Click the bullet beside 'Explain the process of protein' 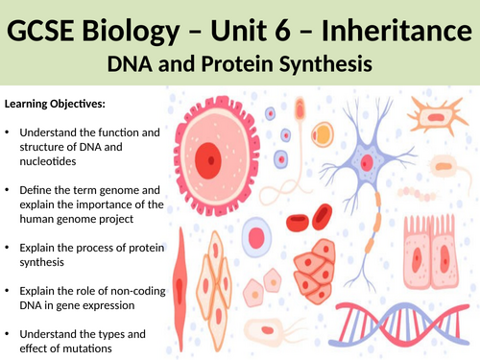(x=10, y=248)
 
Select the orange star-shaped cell (x=437, y=119)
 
